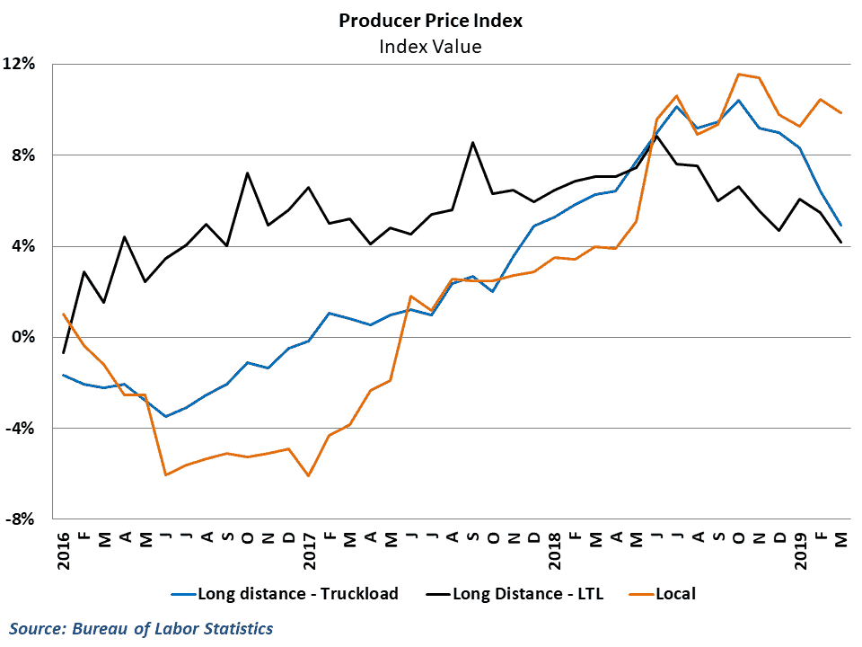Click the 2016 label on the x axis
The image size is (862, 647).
(x=64, y=548)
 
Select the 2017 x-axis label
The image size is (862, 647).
(x=309, y=548)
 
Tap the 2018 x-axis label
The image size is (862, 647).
(x=555, y=548)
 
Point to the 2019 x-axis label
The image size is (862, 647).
(x=800, y=548)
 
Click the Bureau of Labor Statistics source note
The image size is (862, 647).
(x=142, y=628)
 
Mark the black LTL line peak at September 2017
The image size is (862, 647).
(x=472, y=142)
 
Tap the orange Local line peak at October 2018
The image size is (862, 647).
(x=738, y=75)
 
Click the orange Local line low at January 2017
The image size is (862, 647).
(x=309, y=475)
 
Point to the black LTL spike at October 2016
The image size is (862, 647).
(x=247, y=173)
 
